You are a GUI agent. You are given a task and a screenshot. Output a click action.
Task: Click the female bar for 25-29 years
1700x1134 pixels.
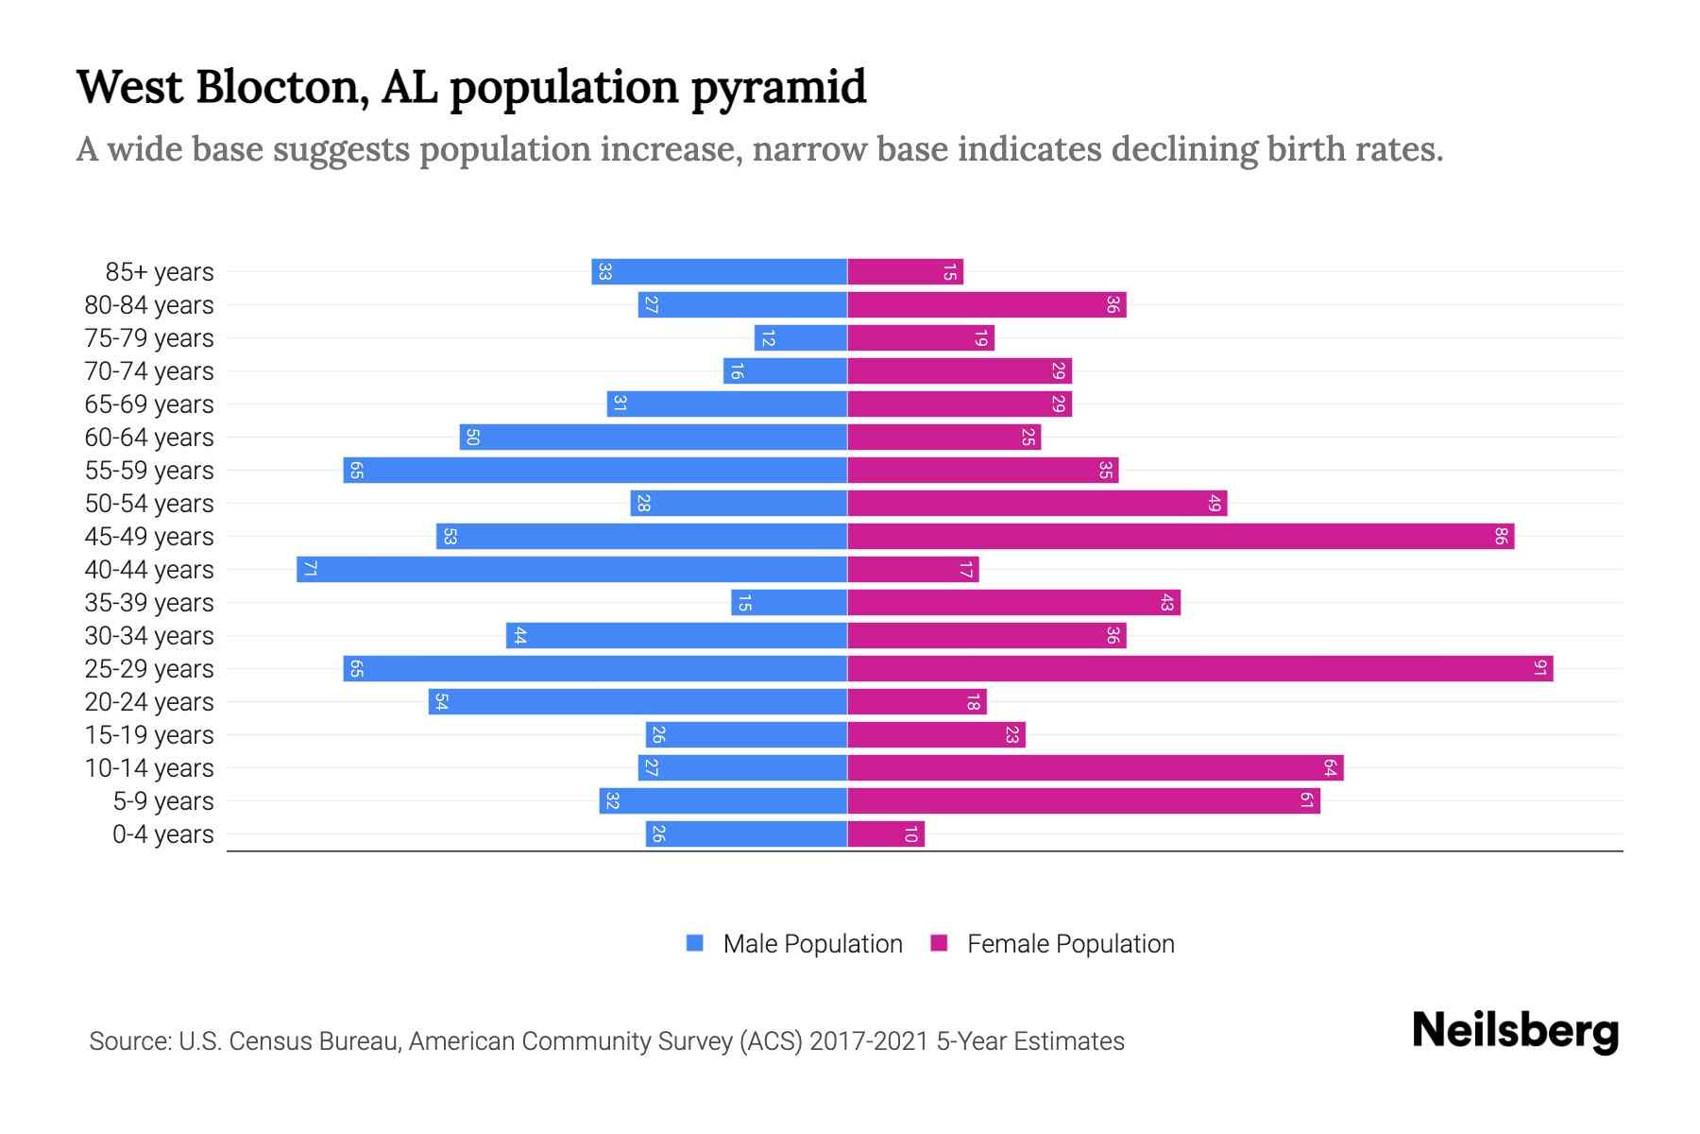(1199, 669)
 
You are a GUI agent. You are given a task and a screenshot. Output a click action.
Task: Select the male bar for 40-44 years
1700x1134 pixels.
(571, 570)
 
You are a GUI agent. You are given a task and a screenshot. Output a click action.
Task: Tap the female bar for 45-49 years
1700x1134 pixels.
(1181, 537)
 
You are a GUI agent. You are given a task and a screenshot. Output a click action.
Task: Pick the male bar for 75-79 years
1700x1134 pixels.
(801, 338)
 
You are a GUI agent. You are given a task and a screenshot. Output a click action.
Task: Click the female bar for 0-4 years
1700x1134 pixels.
(886, 834)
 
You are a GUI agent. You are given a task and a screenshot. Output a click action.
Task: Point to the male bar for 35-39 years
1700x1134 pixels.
(789, 603)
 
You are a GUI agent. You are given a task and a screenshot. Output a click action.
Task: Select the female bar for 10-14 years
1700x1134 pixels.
(1096, 768)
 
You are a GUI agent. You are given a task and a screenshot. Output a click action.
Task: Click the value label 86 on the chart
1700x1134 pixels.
(1501, 537)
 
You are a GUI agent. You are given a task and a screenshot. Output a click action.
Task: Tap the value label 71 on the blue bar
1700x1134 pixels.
(310, 570)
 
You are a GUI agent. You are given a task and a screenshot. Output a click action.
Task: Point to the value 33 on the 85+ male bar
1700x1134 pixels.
(605, 272)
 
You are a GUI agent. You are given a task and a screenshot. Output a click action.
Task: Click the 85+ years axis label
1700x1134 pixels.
(160, 272)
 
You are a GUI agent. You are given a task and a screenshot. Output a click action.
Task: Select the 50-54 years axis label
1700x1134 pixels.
(149, 504)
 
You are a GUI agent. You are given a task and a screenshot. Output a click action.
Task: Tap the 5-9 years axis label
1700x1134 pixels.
(163, 801)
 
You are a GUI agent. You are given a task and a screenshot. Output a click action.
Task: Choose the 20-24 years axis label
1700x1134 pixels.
(149, 702)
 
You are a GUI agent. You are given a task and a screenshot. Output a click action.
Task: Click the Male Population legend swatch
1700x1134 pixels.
(695, 943)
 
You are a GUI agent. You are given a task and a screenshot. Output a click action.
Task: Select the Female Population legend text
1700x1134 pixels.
(1070, 943)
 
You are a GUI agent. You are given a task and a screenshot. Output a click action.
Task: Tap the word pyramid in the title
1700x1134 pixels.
(778, 88)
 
